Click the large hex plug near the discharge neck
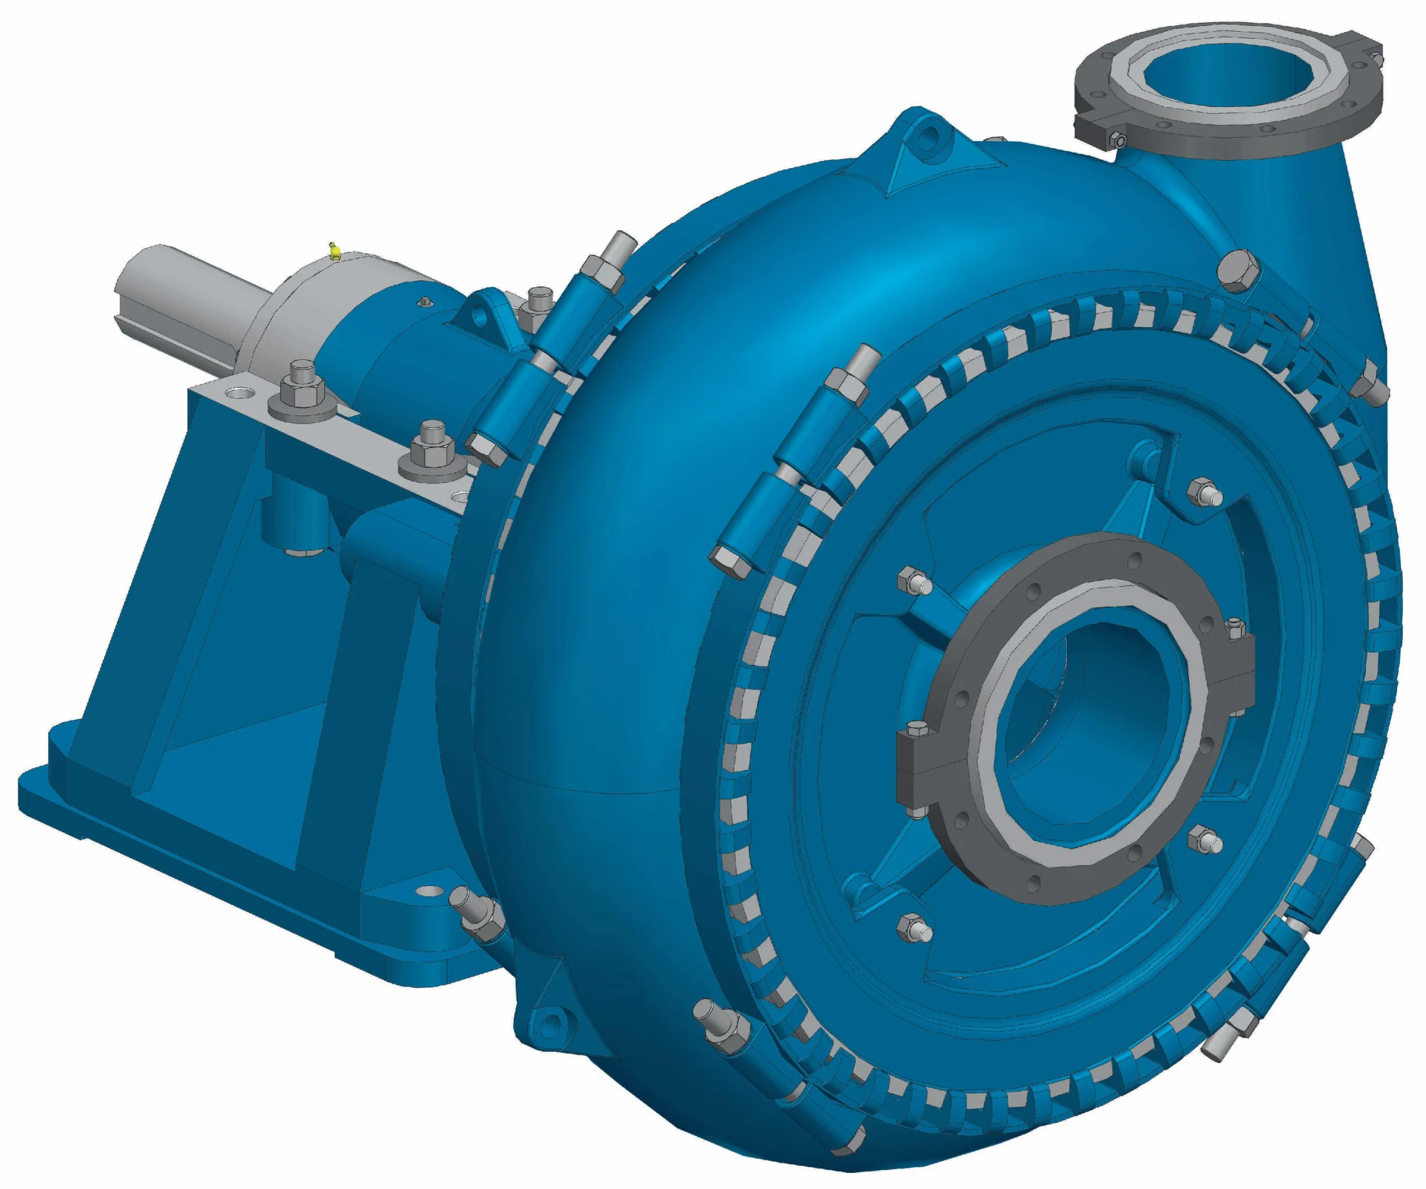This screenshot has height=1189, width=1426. tap(1237, 270)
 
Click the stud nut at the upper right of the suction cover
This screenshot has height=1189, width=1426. tap(1203, 494)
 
